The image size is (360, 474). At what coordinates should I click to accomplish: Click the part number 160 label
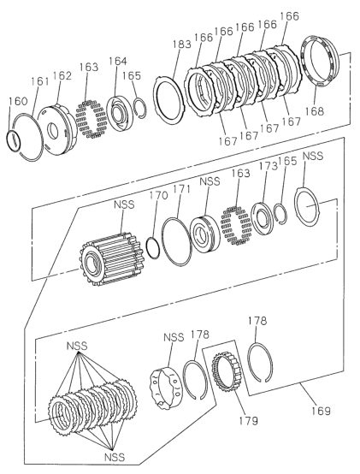coord(18,101)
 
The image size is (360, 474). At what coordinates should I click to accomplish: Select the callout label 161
coord(39,81)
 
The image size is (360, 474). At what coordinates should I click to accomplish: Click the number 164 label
coord(118,61)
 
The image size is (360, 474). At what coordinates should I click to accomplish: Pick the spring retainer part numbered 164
coord(119,113)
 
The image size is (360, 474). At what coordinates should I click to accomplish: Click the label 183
coord(182,44)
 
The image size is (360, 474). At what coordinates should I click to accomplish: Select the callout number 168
coord(314,111)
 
